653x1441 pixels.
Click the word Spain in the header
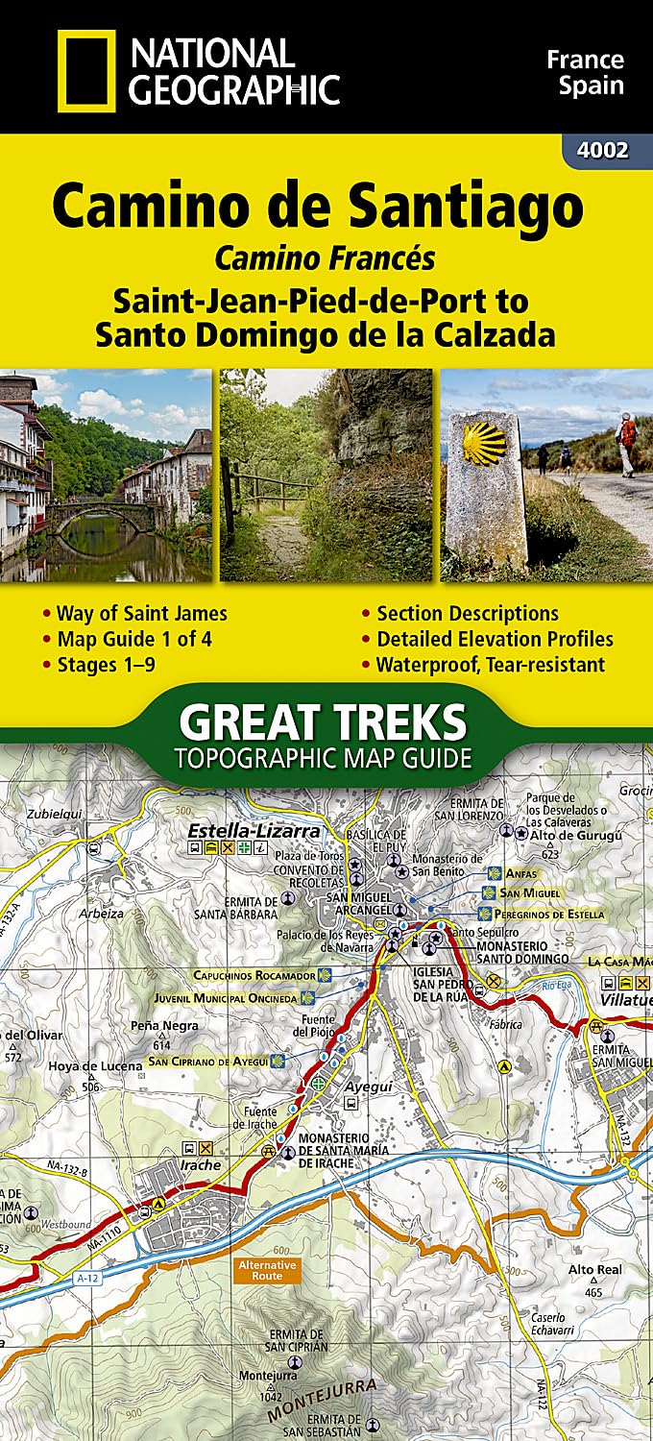(x=585, y=85)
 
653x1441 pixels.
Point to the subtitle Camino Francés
(x=325, y=258)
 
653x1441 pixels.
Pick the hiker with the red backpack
(x=626, y=441)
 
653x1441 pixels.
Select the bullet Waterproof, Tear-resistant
(x=490, y=664)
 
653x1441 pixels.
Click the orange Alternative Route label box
(x=268, y=1270)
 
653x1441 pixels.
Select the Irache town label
(x=200, y=1165)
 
